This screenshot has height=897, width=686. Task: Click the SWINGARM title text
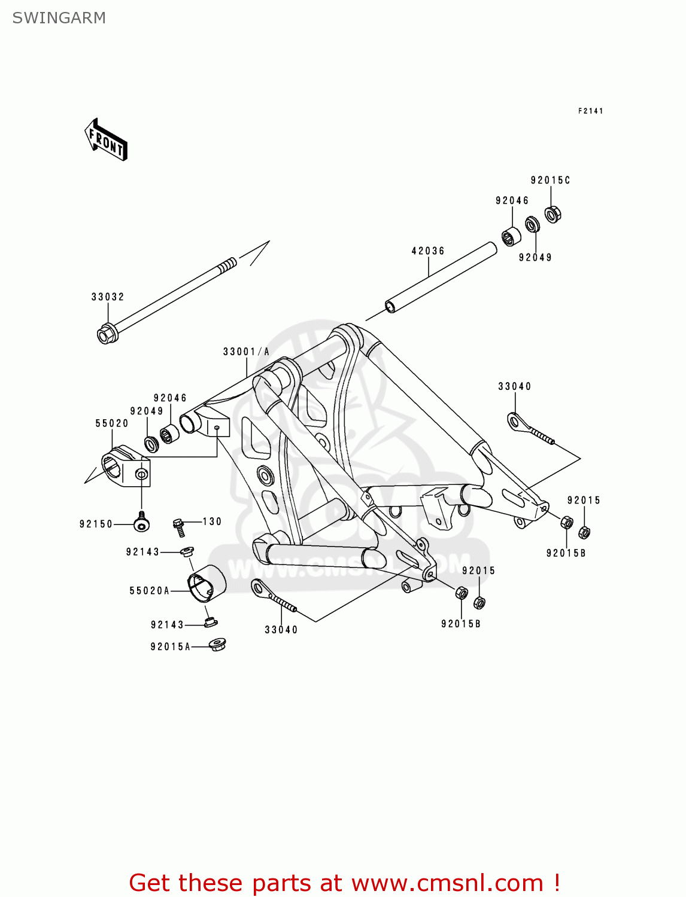click(59, 18)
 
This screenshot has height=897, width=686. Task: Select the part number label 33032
click(108, 297)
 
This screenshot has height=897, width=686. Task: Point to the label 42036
click(428, 251)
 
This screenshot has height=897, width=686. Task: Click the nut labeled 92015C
click(553, 214)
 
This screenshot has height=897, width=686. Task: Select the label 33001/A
click(246, 352)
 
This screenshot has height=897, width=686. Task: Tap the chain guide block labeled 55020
click(126, 466)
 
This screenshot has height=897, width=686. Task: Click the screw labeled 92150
click(141, 524)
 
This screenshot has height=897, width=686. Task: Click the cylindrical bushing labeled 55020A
click(207, 582)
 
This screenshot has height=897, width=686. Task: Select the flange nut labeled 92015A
click(217, 645)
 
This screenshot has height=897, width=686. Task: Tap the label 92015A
click(170, 646)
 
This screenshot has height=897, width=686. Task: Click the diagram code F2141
click(590, 111)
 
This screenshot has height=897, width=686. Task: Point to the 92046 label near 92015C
click(512, 201)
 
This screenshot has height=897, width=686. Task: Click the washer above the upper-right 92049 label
click(532, 225)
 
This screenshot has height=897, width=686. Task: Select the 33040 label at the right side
click(514, 386)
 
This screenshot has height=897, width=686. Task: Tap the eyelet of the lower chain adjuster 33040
click(259, 588)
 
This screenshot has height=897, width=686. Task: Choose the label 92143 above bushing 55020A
click(142, 552)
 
